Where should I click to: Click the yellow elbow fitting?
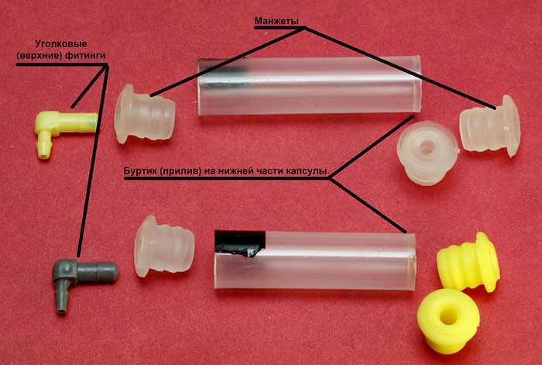62,125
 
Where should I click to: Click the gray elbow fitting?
80,271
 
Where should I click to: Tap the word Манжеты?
276,21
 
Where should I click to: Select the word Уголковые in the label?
61,44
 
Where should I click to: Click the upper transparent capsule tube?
310,85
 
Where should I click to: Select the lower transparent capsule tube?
314,260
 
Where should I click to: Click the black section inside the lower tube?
240,243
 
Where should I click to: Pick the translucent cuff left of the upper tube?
144,114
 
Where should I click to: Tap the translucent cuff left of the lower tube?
164,246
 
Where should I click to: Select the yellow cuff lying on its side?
468,262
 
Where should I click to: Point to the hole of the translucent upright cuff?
427,148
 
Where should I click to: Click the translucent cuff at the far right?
490,126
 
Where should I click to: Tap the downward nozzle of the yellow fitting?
43,147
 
